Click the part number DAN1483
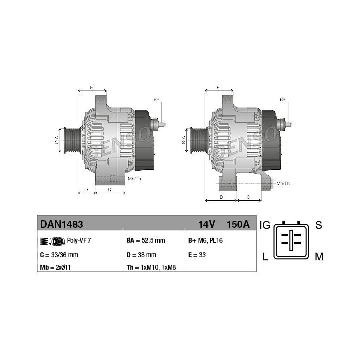click(62, 224)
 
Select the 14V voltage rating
click(207, 224)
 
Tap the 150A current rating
click(238, 224)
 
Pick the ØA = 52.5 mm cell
click(146, 240)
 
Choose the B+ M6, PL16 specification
click(205, 240)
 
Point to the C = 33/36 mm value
click(59, 255)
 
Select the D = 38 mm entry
click(141, 255)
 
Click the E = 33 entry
click(197, 255)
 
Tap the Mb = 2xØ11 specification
click(55, 267)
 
